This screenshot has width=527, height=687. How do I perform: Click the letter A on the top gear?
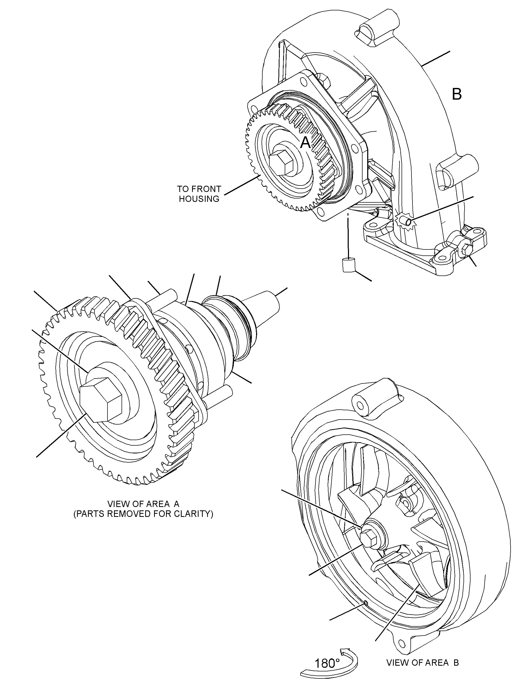[305, 143]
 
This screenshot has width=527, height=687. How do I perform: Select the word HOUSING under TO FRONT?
[199, 199]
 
